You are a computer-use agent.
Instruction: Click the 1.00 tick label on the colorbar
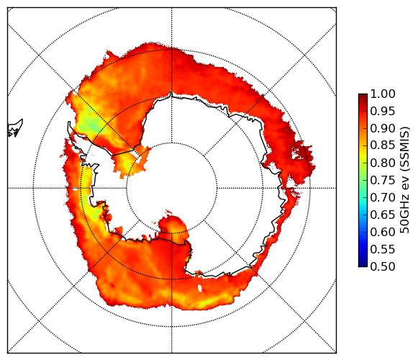point(383,94)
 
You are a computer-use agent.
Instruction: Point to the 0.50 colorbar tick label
point(383,266)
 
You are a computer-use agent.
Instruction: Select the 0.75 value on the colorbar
point(383,181)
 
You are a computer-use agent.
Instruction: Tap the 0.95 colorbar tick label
point(383,112)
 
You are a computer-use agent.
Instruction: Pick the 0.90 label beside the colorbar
point(383,128)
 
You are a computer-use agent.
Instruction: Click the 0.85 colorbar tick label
point(383,145)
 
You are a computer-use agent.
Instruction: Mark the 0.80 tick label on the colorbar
point(383,163)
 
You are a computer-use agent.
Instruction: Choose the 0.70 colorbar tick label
point(383,197)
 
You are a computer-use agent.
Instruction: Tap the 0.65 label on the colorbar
point(383,215)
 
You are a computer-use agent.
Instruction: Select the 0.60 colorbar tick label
point(383,232)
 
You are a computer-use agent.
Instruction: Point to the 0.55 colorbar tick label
point(383,249)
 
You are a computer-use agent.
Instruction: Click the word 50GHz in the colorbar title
point(404,217)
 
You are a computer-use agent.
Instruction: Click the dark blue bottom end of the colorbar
point(363,264)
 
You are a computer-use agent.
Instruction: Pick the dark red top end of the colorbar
point(363,96)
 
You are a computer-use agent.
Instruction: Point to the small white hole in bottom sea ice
point(200,289)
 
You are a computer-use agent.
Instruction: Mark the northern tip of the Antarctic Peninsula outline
point(69,122)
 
